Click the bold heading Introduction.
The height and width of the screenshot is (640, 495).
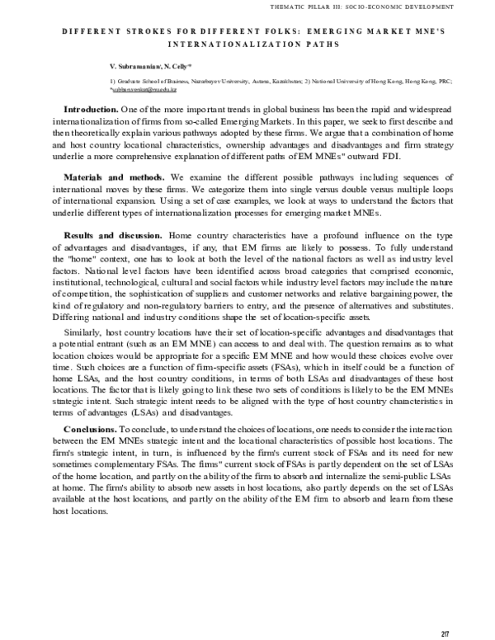pyautogui.click(x=91, y=110)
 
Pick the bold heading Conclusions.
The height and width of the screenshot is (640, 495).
pyautogui.click(x=90, y=431)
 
